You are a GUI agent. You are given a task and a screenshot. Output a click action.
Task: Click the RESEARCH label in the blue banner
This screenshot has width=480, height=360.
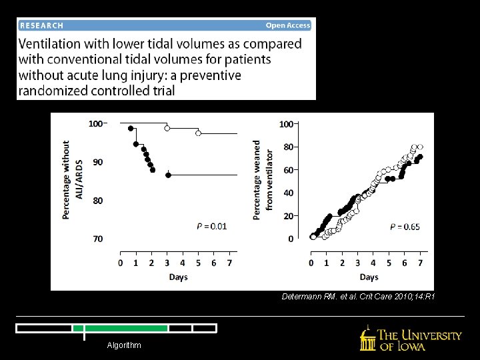point(42,25)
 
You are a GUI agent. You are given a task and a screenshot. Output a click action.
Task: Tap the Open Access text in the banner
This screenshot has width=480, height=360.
point(288,25)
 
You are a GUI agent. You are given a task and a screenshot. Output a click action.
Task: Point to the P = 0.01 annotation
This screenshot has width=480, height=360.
point(211,227)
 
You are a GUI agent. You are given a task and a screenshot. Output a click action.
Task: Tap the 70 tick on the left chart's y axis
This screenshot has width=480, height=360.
point(97,239)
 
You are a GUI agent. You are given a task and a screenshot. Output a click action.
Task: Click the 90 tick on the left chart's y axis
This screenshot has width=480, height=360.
point(97,162)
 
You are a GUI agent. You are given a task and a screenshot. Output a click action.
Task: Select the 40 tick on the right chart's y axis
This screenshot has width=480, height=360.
point(287,193)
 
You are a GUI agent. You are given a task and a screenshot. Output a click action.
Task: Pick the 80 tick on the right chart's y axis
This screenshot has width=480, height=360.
point(287,147)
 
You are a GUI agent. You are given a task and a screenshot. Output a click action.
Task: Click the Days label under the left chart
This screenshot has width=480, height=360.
point(178,277)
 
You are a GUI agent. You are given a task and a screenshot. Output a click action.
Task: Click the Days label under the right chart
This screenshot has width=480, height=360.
point(369,277)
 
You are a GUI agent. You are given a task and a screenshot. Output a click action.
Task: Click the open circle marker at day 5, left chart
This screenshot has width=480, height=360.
point(198,133)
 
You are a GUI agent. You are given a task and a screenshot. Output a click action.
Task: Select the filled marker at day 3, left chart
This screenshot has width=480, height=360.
point(168,175)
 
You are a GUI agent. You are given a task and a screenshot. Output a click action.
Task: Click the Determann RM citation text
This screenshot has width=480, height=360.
point(359,296)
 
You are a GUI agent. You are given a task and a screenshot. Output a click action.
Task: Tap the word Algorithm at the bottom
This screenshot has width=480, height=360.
point(124,345)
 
